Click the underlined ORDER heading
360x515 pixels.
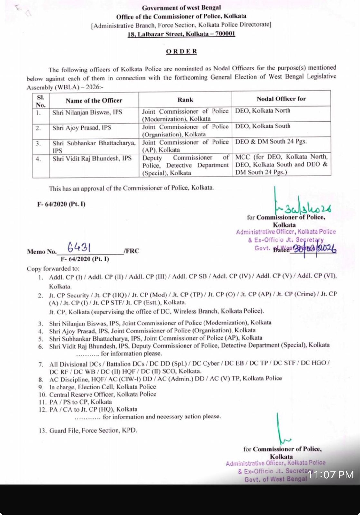tap(182, 51)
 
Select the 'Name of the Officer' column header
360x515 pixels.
tap(94, 100)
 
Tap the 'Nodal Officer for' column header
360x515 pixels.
tap(281, 99)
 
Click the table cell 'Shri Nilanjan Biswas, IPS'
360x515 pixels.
tap(87, 112)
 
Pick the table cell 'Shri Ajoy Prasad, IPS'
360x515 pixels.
tap(82, 128)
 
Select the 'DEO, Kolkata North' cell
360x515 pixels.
tap(262, 111)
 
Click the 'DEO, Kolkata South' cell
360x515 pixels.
tap(262, 126)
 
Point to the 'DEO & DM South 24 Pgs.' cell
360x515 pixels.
tap(270, 141)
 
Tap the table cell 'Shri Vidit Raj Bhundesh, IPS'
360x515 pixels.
tap(92, 158)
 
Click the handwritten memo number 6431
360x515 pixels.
tap(79, 248)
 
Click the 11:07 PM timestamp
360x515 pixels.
tap(330, 474)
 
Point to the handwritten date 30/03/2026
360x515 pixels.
tap(313, 249)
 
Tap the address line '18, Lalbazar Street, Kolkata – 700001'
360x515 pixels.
tap(181, 34)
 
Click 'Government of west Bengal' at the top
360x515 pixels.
tap(181, 8)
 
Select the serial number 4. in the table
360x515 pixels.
tap(38, 159)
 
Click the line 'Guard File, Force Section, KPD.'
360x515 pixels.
tap(93, 430)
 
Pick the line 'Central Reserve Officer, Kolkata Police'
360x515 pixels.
tap(102, 394)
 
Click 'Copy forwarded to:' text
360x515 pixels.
tap(53, 269)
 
